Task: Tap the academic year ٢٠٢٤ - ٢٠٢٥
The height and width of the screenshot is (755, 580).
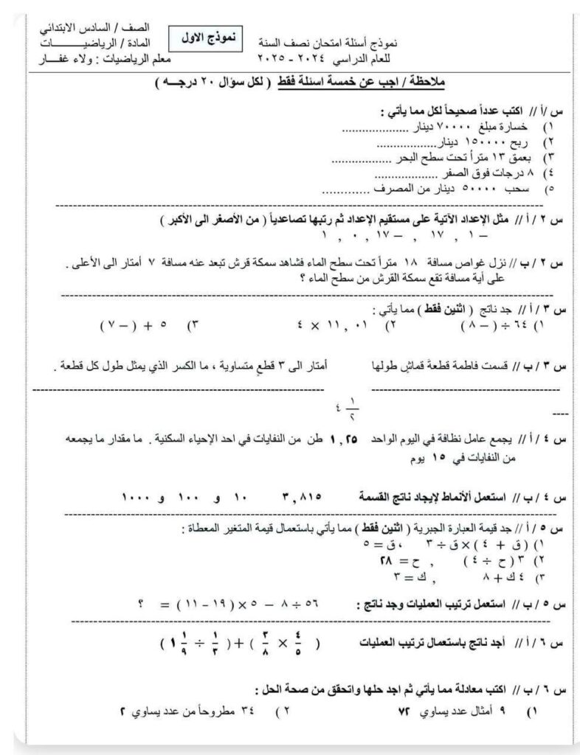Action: [280, 58]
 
